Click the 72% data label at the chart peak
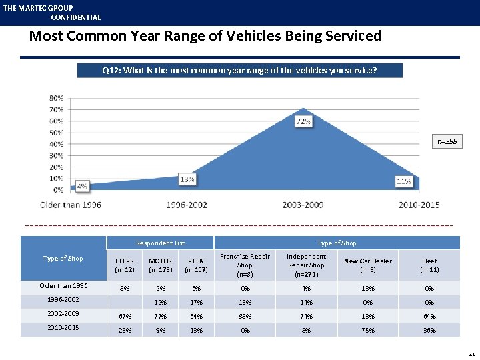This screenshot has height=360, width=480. (x=304, y=122)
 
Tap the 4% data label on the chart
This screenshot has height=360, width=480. (x=81, y=186)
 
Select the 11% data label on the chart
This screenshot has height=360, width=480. (x=403, y=181)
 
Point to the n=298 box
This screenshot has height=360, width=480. (x=447, y=141)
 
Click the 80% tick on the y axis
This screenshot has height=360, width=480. (x=57, y=98)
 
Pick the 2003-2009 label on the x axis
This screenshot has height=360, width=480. (x=304, y=205)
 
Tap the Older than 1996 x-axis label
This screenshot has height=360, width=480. (x=71, y=205)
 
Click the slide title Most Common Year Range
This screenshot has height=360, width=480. (x=205, y=36)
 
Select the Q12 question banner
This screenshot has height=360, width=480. (x=239, y=70)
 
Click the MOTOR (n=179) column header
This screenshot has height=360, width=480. (x=160, y=265)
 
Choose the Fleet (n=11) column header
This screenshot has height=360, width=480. (x=429, y=265)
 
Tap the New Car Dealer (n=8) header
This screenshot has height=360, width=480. (x=368, y=265)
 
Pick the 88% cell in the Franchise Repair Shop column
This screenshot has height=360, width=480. (x=245, y=316)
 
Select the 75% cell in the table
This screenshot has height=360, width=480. (x=368, y=330)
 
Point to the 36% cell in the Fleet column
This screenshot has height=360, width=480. (x=429, y=330)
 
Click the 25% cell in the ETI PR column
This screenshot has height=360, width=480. (x=123, y=330)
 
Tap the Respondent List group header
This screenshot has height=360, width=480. (x=160, y=243)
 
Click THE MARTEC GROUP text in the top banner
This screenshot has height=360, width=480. (x=38, y=8)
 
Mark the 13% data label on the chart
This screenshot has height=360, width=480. (x=187, y=179)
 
